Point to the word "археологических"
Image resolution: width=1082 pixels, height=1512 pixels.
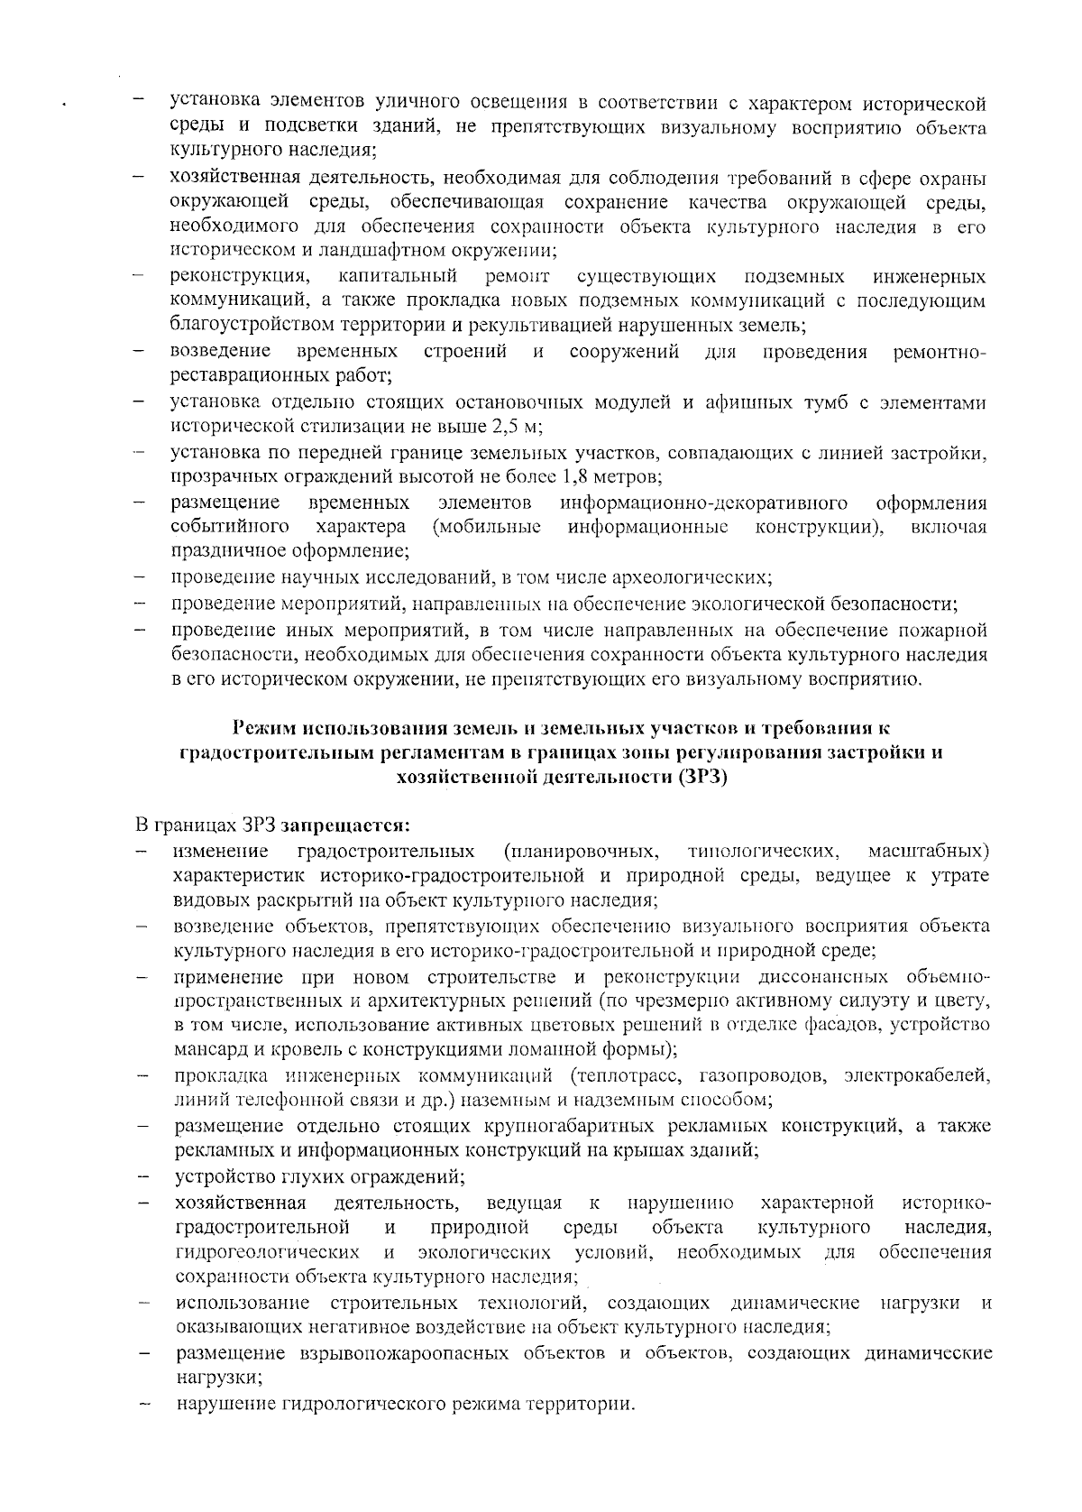click(x=696, y=576)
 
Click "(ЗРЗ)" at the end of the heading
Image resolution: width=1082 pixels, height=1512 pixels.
click(x=701, y=777)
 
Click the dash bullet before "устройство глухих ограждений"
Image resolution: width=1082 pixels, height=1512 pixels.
click(x=142, y=1177)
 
